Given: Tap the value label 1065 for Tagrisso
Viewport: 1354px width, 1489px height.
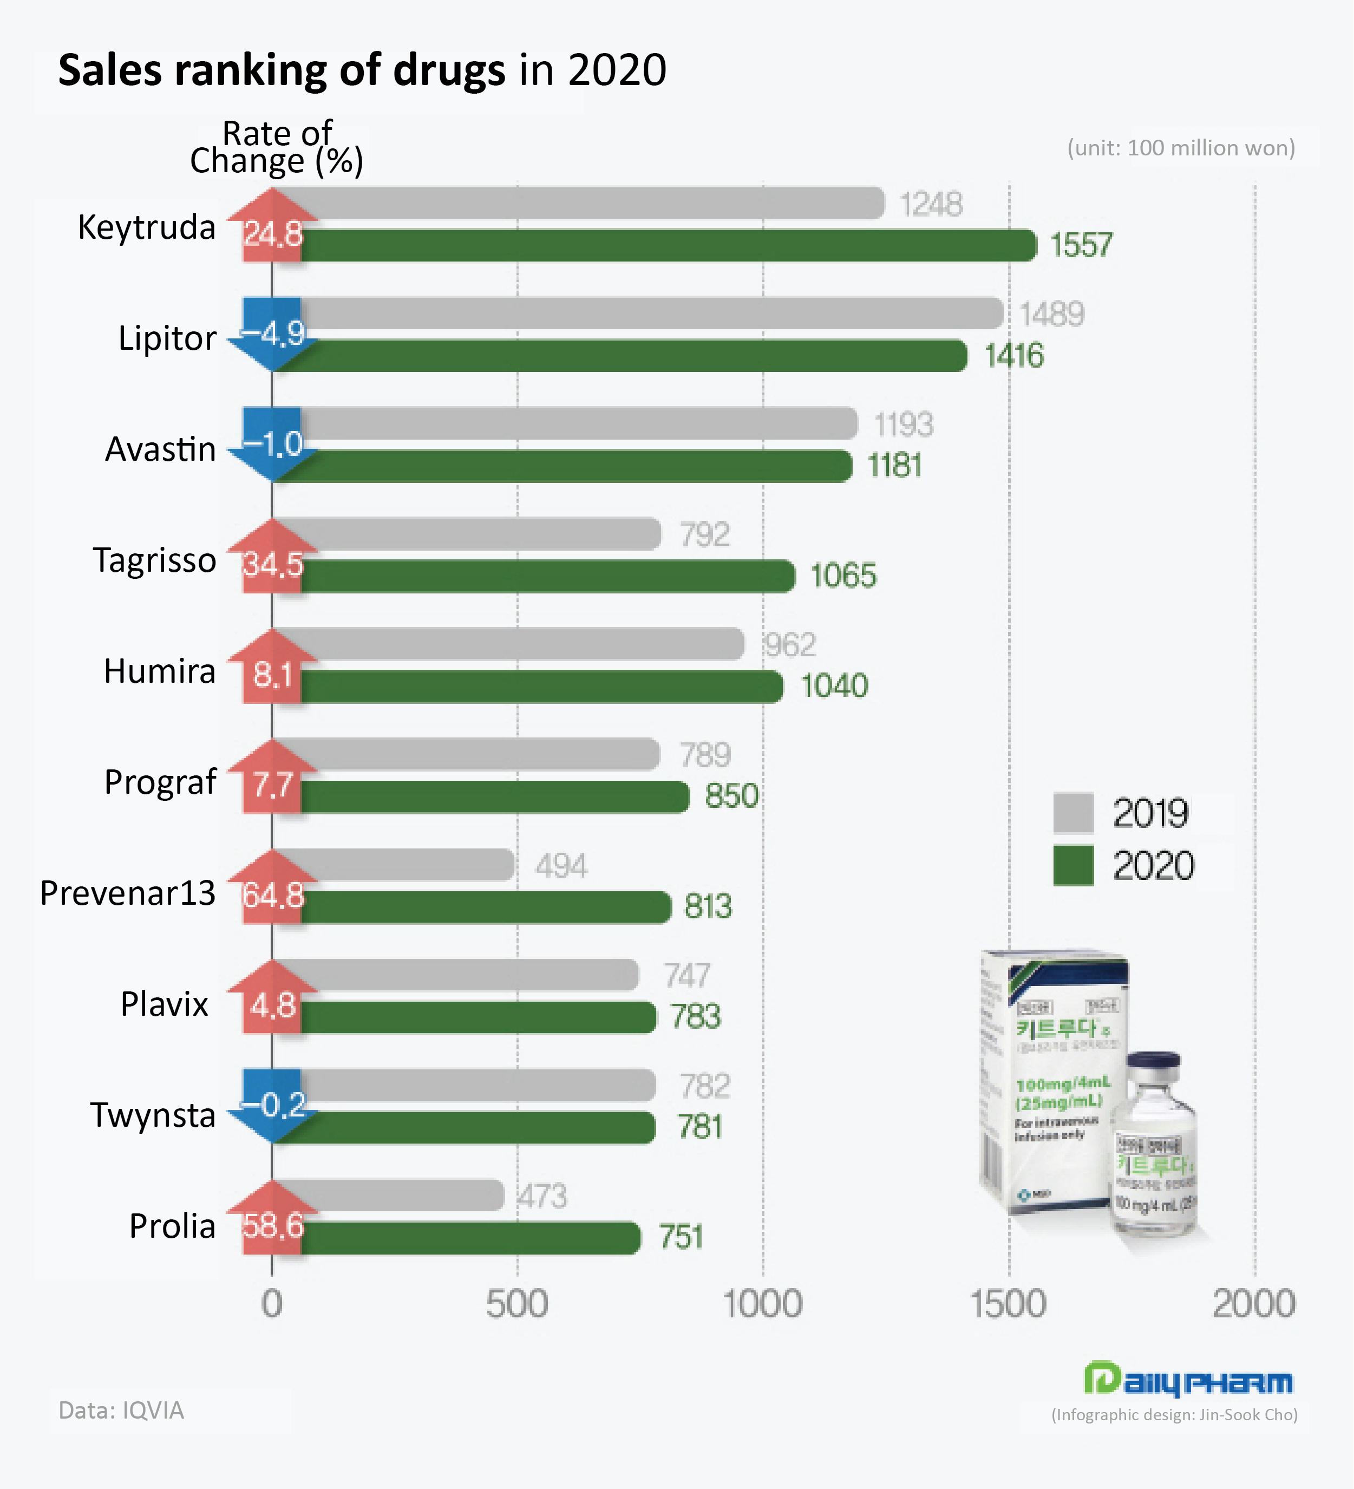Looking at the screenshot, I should pos(843,576).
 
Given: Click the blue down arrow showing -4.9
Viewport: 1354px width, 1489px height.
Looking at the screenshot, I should pos(272,335).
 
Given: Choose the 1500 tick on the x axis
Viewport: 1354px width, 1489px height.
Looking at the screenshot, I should pos(1008,1304).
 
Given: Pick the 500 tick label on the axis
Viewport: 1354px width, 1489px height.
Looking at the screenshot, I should pos(517,1304).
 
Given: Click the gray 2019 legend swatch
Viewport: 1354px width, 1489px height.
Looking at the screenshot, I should pos(1072,812).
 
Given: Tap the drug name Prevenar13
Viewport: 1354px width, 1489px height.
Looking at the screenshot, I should pos(128,893).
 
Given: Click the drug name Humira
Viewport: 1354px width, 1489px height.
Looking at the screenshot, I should pos(160,671).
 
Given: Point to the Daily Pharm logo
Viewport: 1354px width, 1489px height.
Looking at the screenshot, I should pos(1188,1379).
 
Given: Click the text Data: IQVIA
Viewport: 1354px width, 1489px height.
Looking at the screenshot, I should pos(121,1410).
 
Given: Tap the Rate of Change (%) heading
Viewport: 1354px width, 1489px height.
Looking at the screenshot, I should pos(277,148).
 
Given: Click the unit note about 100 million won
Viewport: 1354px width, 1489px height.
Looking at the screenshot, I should pos(1180,148).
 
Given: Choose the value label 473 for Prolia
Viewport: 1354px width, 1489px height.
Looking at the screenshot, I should pos(542,1197).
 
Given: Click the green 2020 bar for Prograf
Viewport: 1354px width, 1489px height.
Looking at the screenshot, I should pos(495,797).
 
